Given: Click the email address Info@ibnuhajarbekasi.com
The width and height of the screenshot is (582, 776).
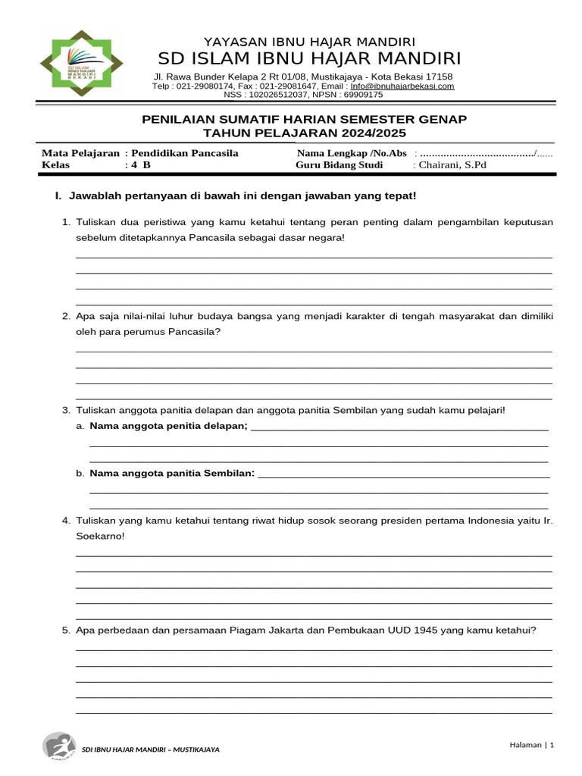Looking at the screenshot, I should click(x=402, y=86).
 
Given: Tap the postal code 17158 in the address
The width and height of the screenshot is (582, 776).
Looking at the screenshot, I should click(x=439, y=77).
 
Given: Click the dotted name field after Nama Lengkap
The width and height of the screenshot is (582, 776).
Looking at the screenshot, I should click(x=477, y=154).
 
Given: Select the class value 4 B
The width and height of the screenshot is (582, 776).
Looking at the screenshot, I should click(x=141, y=165).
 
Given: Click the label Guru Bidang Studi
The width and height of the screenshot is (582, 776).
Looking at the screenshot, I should click(x=340, y=165).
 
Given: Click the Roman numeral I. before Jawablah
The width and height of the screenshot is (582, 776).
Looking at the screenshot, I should click(x=58, y=196).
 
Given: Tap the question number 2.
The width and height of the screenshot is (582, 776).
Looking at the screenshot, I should click(x=66, y=316).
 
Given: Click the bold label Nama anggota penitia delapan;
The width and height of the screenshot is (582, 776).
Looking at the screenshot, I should click(x=169, y=426).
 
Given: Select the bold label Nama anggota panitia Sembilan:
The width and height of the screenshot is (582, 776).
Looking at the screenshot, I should click(x=173, y=474).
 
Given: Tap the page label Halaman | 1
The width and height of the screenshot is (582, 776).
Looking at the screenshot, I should click(x=531, y=746).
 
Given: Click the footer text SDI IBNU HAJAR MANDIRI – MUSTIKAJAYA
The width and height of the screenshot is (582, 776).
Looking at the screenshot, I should click(x=150, y=749).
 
